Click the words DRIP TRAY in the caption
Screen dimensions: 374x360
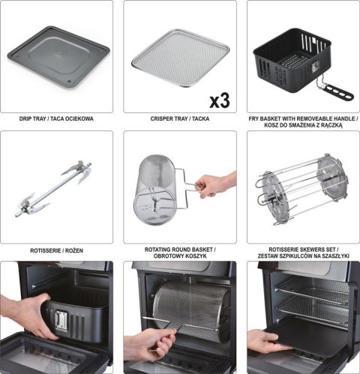[35, 119]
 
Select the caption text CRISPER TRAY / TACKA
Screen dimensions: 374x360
[179, 119]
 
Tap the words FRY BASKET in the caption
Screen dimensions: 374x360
[273, 119]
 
